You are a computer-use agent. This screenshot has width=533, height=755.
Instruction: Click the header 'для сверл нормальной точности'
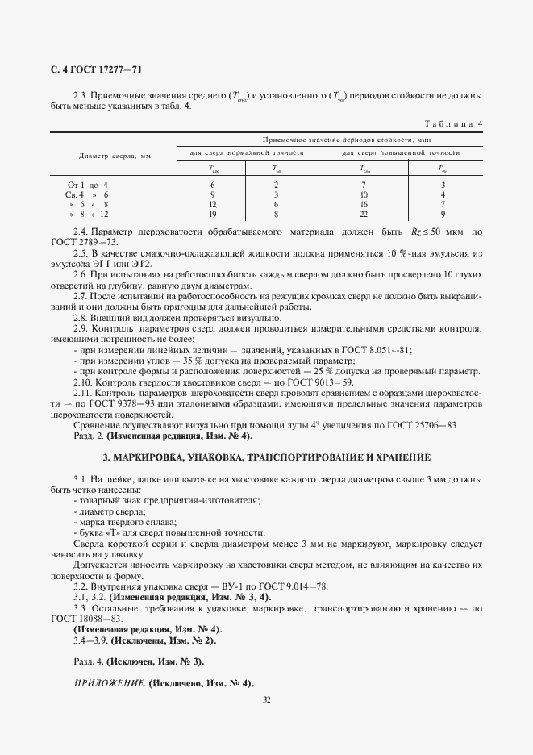(x=246, y=152)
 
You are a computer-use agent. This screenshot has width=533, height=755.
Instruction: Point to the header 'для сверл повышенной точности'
(x=401, y=152)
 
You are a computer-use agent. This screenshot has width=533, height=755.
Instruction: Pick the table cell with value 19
(x=212, y=215)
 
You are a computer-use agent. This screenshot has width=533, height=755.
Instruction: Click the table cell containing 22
(x=364, y=215)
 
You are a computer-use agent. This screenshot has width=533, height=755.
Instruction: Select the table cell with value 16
(x=364, y=205)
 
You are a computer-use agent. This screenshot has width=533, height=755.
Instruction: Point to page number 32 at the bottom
(x=266, y=699)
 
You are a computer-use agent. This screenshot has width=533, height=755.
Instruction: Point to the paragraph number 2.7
(x=80, y=296)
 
